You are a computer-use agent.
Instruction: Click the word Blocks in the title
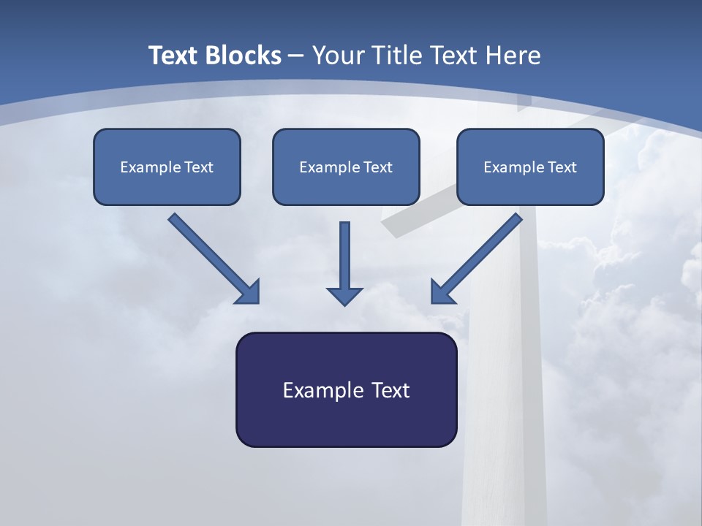(246, 56)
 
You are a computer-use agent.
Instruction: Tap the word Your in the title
(336, 56)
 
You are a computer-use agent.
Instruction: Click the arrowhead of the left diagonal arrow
(249, 292)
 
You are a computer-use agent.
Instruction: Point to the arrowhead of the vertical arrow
(344, 296)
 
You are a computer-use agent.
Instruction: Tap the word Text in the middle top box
(378, 167)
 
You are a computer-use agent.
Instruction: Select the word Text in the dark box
(391, 390)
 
